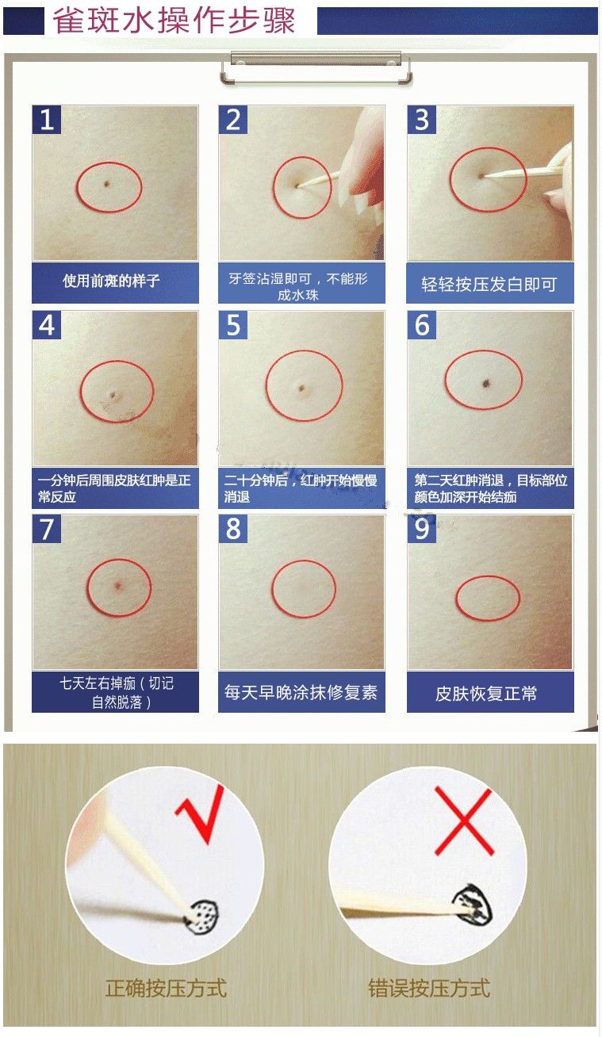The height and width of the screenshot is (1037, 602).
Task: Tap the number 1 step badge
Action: [x=47, y=120]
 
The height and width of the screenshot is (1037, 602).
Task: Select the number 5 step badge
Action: [x=233, y=325]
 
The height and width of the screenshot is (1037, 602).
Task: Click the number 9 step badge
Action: [x=422, y=530]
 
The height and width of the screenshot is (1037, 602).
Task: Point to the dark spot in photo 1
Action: [x=106, y=185]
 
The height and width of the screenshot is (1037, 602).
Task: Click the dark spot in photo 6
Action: [x=483, y=384]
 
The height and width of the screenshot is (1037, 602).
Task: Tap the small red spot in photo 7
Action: [x=117, y=586]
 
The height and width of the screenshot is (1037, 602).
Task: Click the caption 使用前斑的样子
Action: [x=112, y=281]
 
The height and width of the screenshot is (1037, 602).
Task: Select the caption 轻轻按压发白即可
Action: [x=489, y=284]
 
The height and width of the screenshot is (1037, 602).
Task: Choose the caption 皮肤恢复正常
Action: [x=486, y=694]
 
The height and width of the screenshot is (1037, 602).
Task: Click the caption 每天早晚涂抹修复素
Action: [x=301, y=692]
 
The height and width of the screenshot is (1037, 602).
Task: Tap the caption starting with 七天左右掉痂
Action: [x=116, y=692]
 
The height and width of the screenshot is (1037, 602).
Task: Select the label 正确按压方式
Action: [x=166, y=988]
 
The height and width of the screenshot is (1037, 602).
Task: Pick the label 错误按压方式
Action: [x=429, y=988]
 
